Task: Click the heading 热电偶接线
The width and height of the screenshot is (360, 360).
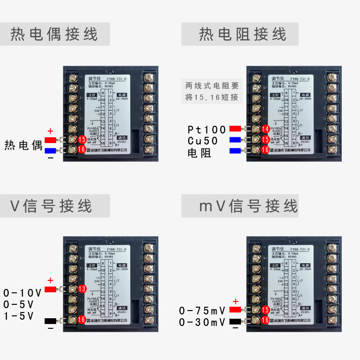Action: coord(54,35)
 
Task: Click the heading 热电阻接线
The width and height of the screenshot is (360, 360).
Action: coord(242,35)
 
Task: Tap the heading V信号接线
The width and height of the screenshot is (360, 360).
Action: coord(51,206)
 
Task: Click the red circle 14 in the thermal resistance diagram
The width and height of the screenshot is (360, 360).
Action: coord(265,129)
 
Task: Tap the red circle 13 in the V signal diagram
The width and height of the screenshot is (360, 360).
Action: coord(82,289)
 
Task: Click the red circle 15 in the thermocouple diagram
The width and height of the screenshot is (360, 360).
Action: coord(82,140)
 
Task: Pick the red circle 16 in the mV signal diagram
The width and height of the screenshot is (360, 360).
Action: coord(265,321)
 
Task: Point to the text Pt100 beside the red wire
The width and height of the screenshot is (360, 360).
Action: coord(206,130)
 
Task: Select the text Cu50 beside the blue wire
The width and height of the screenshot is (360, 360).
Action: coord(203,141)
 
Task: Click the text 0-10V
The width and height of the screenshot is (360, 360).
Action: coord(22,292)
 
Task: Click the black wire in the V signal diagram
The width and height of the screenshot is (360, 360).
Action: coord(51,320)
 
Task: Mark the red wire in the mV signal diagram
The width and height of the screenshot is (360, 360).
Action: coord(235,310)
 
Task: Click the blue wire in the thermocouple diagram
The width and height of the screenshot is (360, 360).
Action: coord(51,150)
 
